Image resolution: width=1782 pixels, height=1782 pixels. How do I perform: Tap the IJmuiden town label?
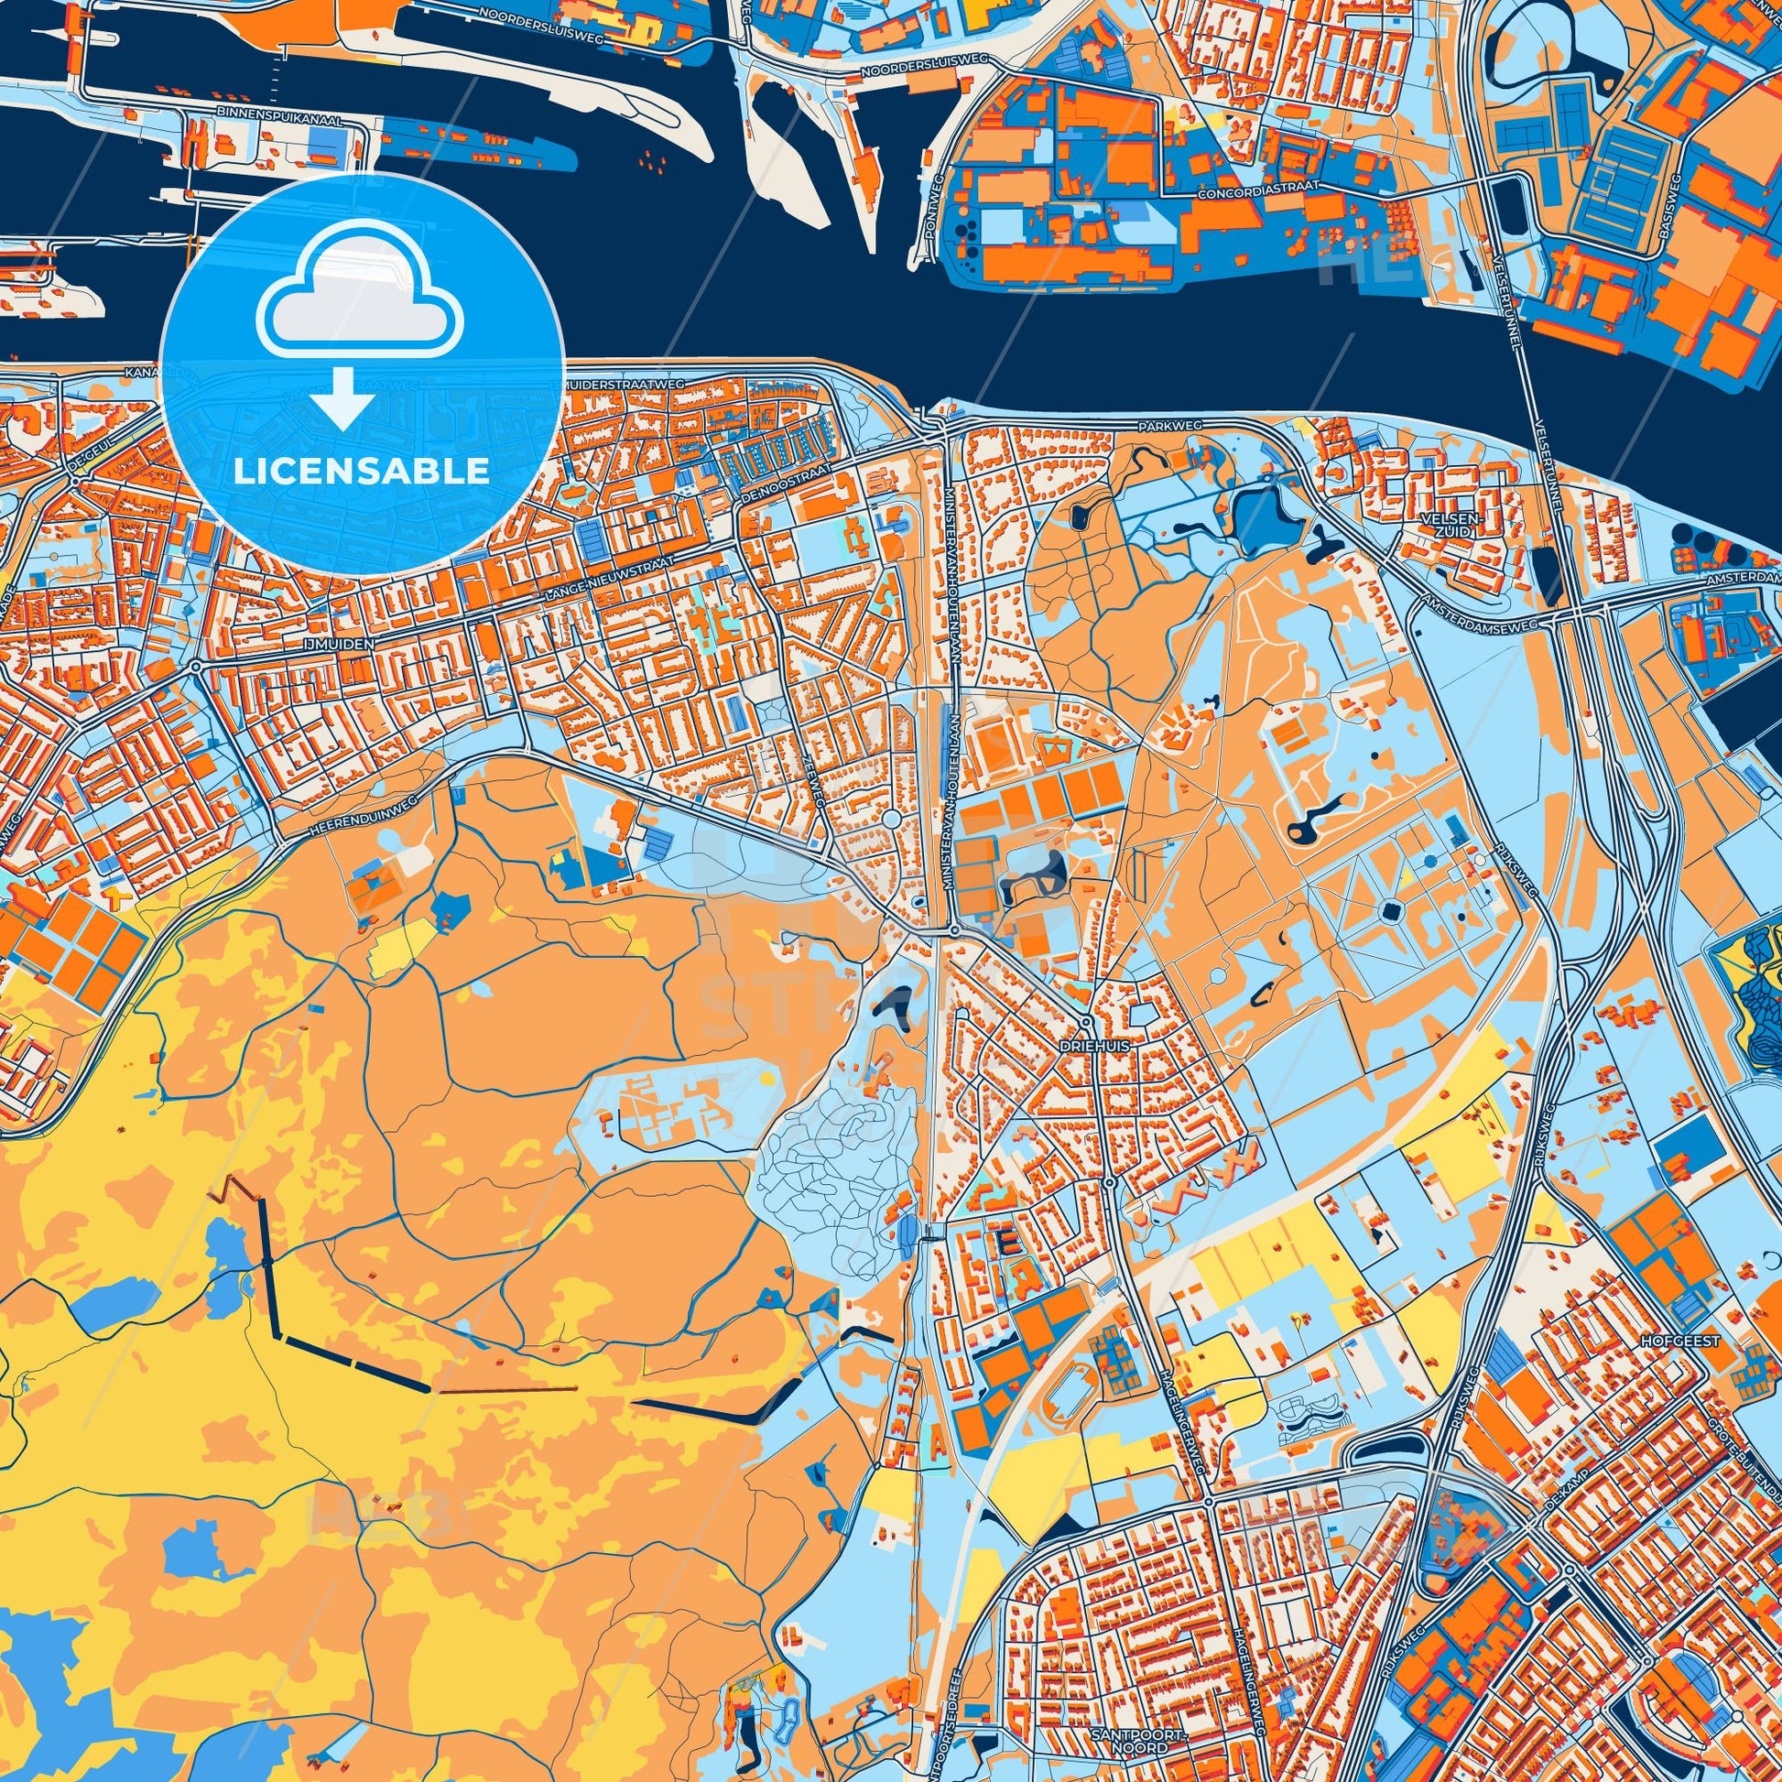coord(344,647)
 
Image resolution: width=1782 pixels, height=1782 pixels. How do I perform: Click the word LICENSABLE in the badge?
coord(362,472)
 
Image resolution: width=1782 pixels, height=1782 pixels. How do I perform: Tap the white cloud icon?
coord(362,292)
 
